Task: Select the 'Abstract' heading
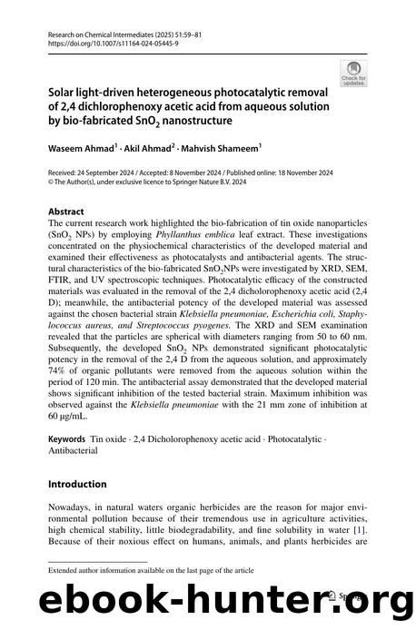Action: pos(65,210)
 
